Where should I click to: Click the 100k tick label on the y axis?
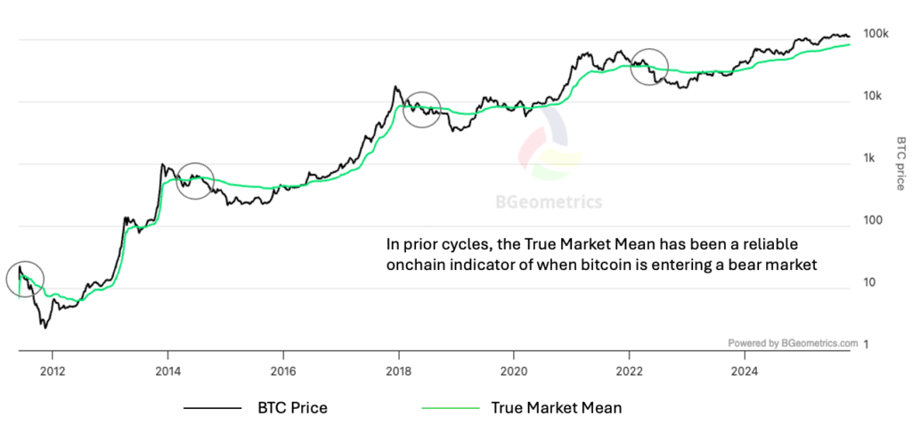[877, 34]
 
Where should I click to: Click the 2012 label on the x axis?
[53, 370]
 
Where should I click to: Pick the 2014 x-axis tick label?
[167, 370]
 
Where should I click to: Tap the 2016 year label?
[283, 370]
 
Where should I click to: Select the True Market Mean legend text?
[557, 408]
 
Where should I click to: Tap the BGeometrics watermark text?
[549, 202]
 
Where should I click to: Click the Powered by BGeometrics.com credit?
[793, 342]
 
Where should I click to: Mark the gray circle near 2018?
[422, 110]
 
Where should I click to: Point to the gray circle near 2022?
[648, 66]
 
